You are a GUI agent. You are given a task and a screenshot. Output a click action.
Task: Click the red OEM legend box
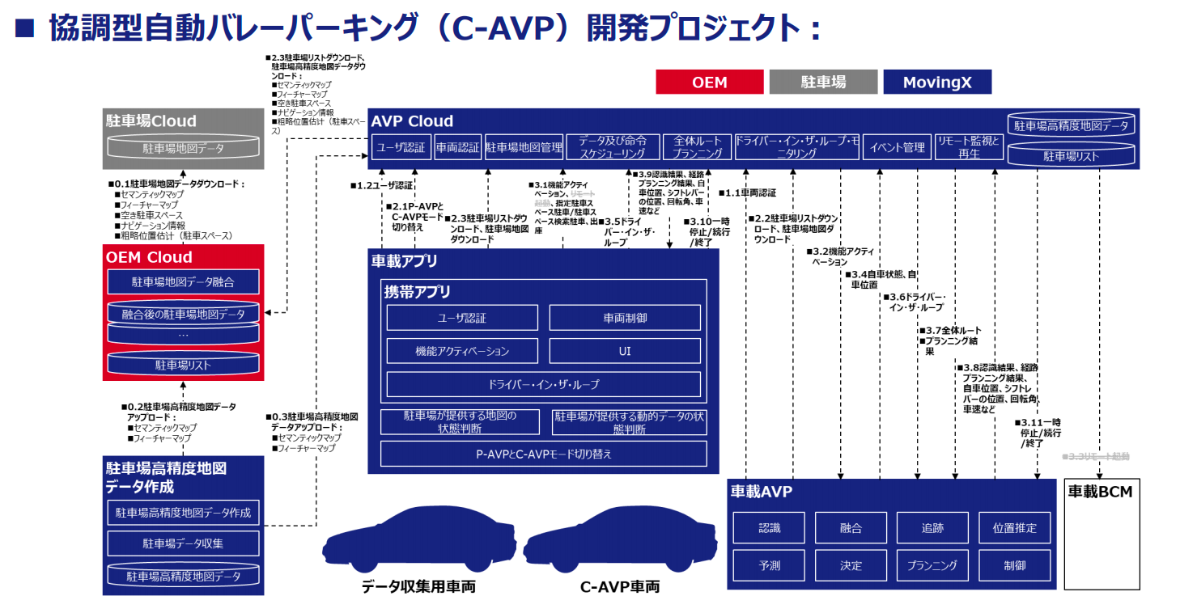pyautogui.click(x=709, y=82)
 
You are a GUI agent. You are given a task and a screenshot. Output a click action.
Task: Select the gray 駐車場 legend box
pyautogui.click(x=823, y=82)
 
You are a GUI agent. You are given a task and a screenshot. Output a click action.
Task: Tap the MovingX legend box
pyautogui.click(x=936, y=82)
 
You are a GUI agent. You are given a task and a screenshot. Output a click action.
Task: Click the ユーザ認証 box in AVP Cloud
pyautogui.click(x=401, y=147)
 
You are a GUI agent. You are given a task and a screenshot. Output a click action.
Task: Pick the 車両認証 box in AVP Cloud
pyautogui.click(x=457, y=147)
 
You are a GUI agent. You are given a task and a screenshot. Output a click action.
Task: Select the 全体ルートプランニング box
pyautogui.click(x=697, y=147)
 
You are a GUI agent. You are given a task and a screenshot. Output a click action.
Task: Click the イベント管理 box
pyautogui.click(x=898, y=147)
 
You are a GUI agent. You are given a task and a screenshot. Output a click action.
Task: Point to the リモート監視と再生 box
pyautogui.click(x=968, y=147)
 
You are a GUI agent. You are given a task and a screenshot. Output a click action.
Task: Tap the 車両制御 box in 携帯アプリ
pyautogui.click(x=624, y=318)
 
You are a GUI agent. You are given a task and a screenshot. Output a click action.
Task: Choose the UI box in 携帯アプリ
pyautogui.click(x=624, y=351)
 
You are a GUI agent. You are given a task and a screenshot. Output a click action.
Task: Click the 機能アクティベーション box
pyautogui.click(x=462, y=351)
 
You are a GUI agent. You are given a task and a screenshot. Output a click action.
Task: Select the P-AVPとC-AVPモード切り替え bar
pyautogui.click(x=543, y=454)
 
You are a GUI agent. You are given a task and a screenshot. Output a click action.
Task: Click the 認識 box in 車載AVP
pyautogui.click(x=769, y=528)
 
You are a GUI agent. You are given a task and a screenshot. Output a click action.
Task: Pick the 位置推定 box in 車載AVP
pyautogui.click(x=1014, y=528)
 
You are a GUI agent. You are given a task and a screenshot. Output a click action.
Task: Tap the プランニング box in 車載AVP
pyautogui.click(x=932, y=565)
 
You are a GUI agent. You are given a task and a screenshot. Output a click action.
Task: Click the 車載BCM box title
pyautogui.click(x=1100, y=491)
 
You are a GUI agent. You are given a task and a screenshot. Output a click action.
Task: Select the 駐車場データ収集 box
pyautogui.click(x=184, y=543)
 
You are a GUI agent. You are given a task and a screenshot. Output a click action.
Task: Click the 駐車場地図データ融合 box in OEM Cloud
pyautogui.click(x=183, y=282)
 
